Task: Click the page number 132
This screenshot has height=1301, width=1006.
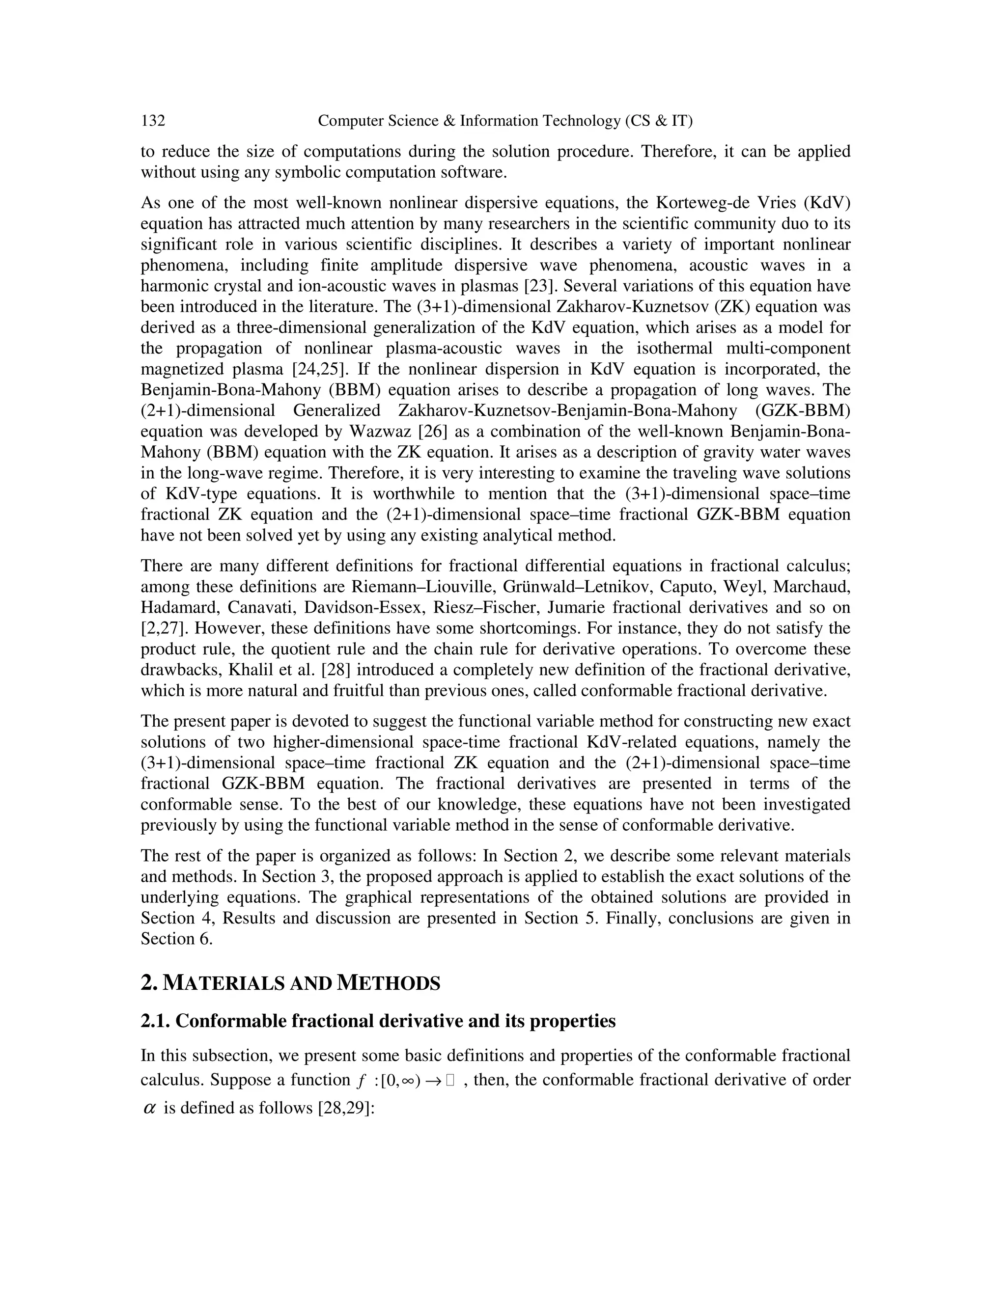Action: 153,121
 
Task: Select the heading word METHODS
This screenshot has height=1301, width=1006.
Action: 388,983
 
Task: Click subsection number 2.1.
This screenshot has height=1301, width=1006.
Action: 156,1021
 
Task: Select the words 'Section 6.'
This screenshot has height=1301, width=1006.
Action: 176,939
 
